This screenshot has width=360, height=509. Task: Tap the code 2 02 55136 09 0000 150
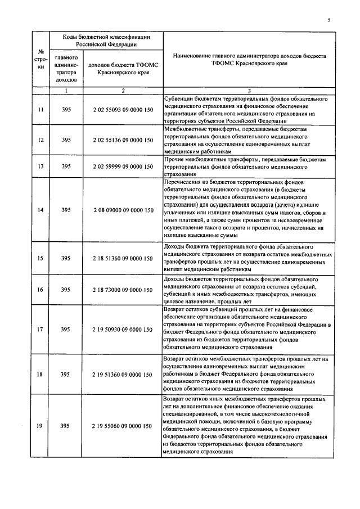123,140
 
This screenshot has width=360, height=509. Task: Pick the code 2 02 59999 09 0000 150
123,167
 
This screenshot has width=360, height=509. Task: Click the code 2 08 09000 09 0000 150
123,210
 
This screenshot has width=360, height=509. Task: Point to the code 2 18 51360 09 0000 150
123,258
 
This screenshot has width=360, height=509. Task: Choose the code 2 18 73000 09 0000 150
123,290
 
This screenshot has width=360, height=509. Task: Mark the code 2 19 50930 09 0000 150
123,329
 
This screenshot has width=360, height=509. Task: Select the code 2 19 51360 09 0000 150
123,373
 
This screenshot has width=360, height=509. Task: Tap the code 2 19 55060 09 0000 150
123,426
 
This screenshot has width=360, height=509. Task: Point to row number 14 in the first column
40,210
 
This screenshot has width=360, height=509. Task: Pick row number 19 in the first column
40,426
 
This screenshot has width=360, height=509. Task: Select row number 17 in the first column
40,329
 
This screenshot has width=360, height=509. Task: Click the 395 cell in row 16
66,290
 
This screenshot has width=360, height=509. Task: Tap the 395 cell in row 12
66,140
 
